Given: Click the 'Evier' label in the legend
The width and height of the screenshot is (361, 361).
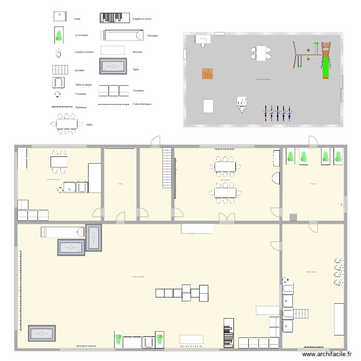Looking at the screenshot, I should [x=77, y=19].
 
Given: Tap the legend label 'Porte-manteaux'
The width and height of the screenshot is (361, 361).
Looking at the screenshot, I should [x=142, y=104].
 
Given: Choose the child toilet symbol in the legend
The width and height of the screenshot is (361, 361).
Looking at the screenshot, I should [x=58, y=52].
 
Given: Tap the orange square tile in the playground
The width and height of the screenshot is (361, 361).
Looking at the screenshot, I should [x=207, y=74].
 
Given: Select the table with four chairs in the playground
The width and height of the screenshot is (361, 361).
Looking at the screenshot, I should [x=260, y=52].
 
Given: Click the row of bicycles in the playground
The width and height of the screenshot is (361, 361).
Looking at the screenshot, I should [x=278, y=114].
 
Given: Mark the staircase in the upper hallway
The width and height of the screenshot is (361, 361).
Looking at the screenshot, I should [x=167, y=168].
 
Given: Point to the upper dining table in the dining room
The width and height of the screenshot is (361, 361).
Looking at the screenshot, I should [x=225, y=167].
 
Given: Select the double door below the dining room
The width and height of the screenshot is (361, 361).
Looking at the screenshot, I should [x=226, y=217].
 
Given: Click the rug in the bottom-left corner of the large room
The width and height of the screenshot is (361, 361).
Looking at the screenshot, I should [x=43, y=334].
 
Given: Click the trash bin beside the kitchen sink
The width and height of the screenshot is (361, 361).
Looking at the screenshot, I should [x=60, y=190].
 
